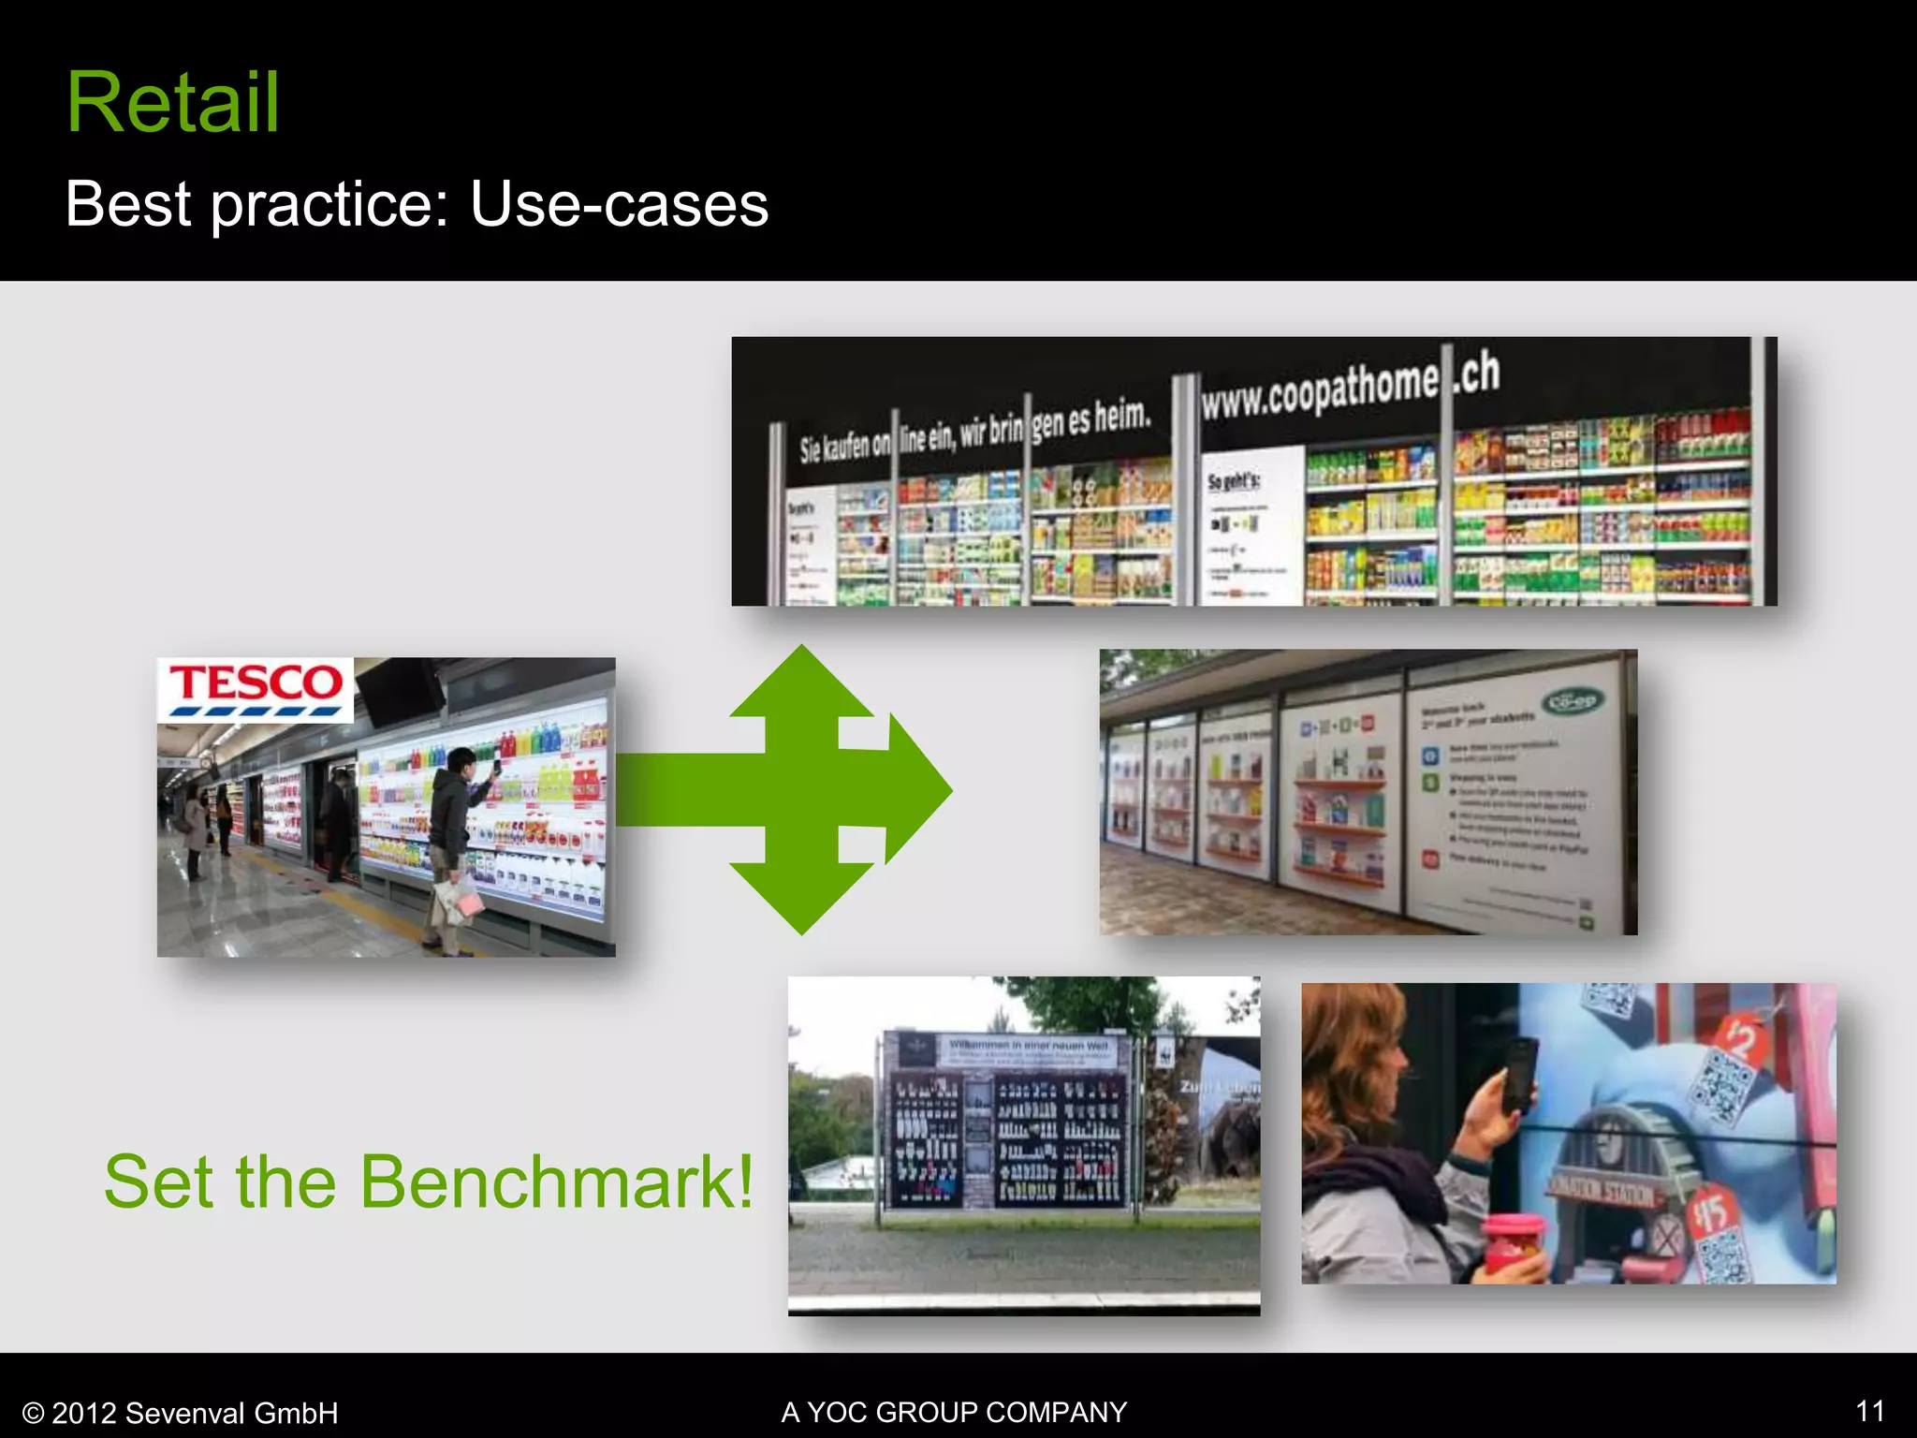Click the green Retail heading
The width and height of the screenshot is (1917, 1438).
(x=173, y=103)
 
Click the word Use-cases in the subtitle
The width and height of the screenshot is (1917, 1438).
(x=619, y=204)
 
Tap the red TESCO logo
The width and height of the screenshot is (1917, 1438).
(x=256, y=683)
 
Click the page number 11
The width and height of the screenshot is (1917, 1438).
(x=1869, y=1411)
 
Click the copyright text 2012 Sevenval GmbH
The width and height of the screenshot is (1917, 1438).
(x=181, y=1413)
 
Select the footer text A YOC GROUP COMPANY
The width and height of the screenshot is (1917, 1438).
(x=954, y=1412)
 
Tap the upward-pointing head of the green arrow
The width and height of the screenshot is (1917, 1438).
(x=802, y=679)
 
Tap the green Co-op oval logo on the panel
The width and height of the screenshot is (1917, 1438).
(x=1574, y=700)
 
